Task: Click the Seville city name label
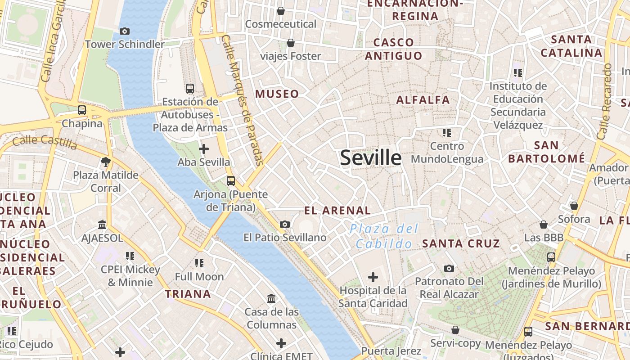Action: click(370, 158)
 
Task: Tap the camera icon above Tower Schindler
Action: click(125, 31)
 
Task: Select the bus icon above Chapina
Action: click(81, 110)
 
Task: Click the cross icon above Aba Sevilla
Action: click(204, 148)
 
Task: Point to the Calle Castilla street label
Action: click(45, 142)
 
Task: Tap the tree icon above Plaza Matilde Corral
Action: click(106, 162)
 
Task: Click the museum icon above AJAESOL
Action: click(102, 225)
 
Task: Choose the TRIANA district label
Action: click(188, 294)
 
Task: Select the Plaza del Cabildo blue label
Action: click(384, 236)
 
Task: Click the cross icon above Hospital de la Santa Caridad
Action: click(373, 277)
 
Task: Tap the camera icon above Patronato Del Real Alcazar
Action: click(449, 269)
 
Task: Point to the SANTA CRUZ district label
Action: click(461, 244)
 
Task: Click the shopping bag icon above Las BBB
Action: click(544, 225)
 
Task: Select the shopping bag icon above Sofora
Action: click(574, 206)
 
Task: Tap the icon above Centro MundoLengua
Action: click(446, 133)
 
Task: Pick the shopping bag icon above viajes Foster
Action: click(291, 43)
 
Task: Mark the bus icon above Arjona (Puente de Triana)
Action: click(231, 181)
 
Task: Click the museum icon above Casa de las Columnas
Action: click(271, 298)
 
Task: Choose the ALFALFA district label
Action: click(423, 100)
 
